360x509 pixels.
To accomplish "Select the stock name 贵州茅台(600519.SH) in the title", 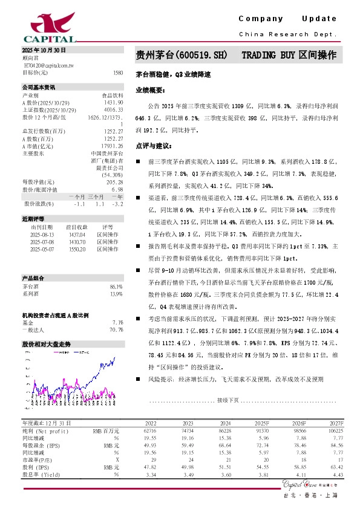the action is pyautogui.click(x=181, y=55).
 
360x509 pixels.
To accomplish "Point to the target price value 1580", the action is pyautogui.click(x=117, y=72).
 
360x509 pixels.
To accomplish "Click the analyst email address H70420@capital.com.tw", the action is pyautogui.click(x=49, y=64).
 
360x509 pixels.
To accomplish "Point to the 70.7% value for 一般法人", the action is pyautogui.click(x=116, y=330).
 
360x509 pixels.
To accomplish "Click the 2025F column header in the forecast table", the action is pyautogui.click(x=261, y=423).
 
